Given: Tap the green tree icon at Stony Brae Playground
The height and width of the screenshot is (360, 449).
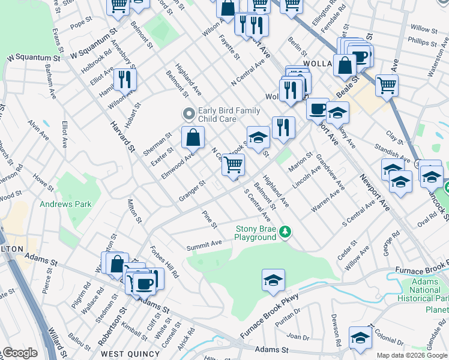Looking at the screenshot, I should pos(287,232).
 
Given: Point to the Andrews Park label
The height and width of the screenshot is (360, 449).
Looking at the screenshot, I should pos(65,204).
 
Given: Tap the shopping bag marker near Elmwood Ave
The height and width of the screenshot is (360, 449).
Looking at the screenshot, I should pos(193,139).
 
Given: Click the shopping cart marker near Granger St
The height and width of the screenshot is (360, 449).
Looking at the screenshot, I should pos(233,164).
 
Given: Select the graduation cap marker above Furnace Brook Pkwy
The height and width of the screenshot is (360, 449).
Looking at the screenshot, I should pos(273,280).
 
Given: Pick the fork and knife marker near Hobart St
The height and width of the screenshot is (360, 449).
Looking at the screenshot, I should pos(125,80).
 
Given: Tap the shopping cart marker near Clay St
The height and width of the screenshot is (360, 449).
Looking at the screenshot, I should pos(387,85).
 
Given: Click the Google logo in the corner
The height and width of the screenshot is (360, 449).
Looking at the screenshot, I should pos(19,353).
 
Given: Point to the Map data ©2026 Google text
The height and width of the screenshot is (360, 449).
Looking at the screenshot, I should pos(411,355).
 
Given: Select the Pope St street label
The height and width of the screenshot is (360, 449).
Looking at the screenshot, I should pos(80,25).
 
